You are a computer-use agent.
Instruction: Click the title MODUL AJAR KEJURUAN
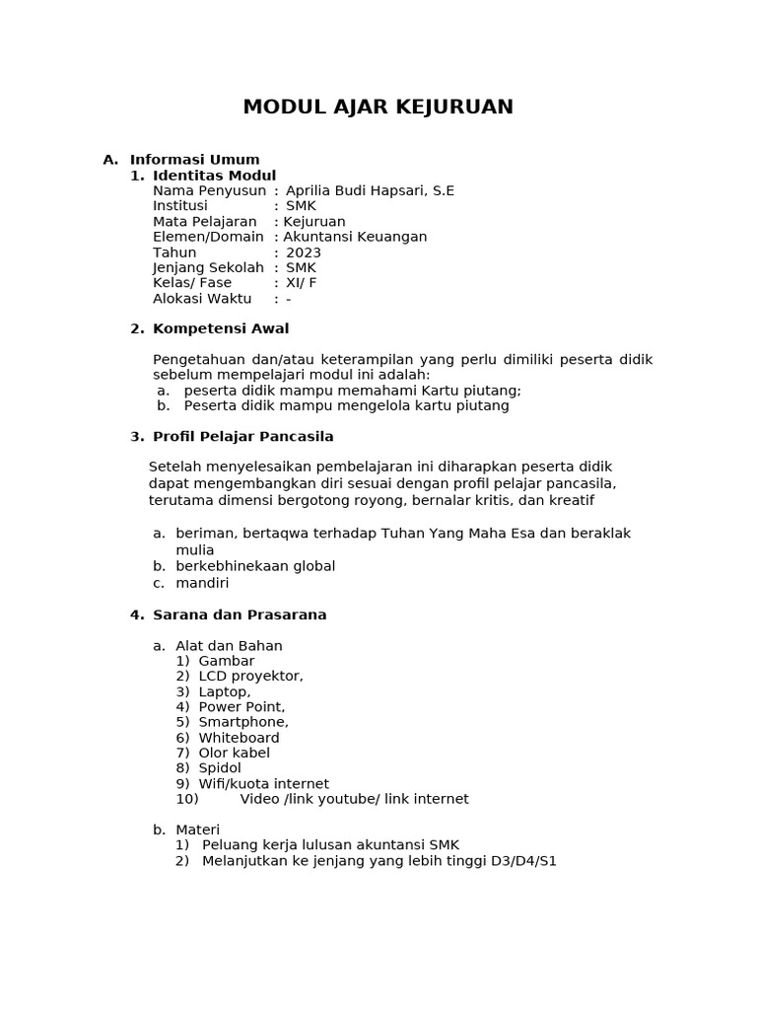click(378, 107)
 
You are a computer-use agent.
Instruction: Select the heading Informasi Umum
click(194, 160)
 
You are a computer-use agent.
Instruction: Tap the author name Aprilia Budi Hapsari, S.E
click(370, 190)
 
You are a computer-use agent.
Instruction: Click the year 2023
click(304, 252)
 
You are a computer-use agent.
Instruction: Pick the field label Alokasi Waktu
click(202, 299)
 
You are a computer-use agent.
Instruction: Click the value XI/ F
click(301, 283)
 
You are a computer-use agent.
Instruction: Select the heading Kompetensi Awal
click(221, 328)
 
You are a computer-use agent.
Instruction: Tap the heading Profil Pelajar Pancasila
click(243, 437)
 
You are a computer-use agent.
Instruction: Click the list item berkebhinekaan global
click(255, 566)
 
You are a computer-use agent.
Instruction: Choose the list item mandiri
click(202, 583)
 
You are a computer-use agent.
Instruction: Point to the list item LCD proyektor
click(250, 676)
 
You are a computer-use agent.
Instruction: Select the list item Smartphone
click(243, 722)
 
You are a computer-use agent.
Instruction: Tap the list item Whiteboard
click(239, 738)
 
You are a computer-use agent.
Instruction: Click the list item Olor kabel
click(234, 753)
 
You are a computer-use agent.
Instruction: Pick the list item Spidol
click(220, 767)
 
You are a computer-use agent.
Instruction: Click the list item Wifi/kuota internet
click(263, 784)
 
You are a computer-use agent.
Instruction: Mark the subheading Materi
click(197, 830)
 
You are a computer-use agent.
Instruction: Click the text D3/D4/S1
click(522, 861)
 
